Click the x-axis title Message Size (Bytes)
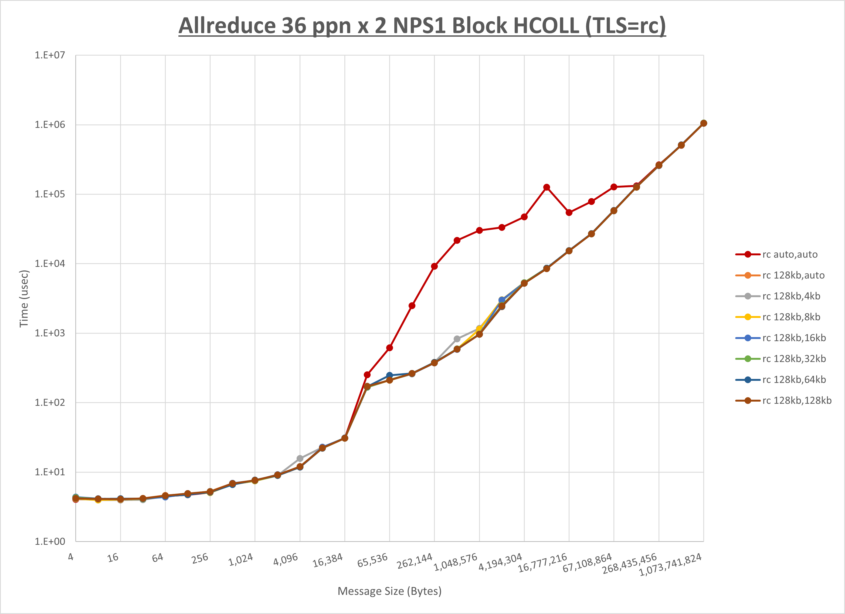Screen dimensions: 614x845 pyautogui.click(x=389, y=591)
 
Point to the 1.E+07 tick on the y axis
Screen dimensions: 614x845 pyautogui.click(x=50, y=55)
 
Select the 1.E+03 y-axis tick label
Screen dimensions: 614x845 pyautogui.click(x=50, y=333)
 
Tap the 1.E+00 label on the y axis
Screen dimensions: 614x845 pyautogui.click(x=50, y=542)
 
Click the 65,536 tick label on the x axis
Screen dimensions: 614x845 pyautogui.click(x=373, y=560)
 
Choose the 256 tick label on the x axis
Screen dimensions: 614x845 pyautogui.click(x=200, y=558)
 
